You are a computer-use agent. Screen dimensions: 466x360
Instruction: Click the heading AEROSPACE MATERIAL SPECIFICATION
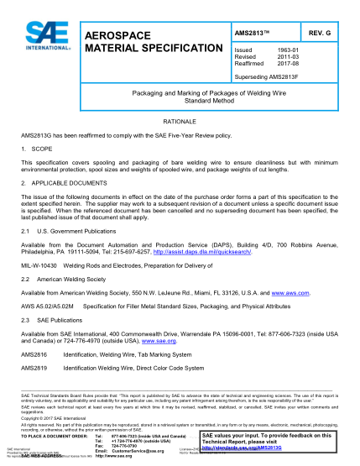click(x=136, y=42)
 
